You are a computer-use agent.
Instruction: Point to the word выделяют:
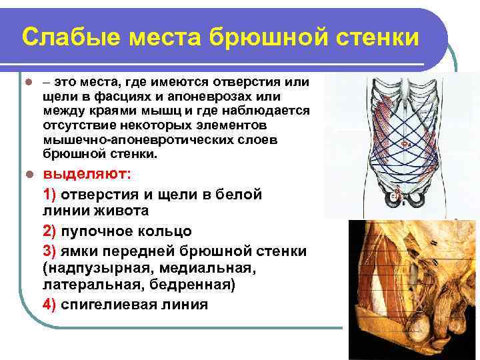tap(87, 174)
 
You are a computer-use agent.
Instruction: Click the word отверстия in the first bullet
tap(245, 83)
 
